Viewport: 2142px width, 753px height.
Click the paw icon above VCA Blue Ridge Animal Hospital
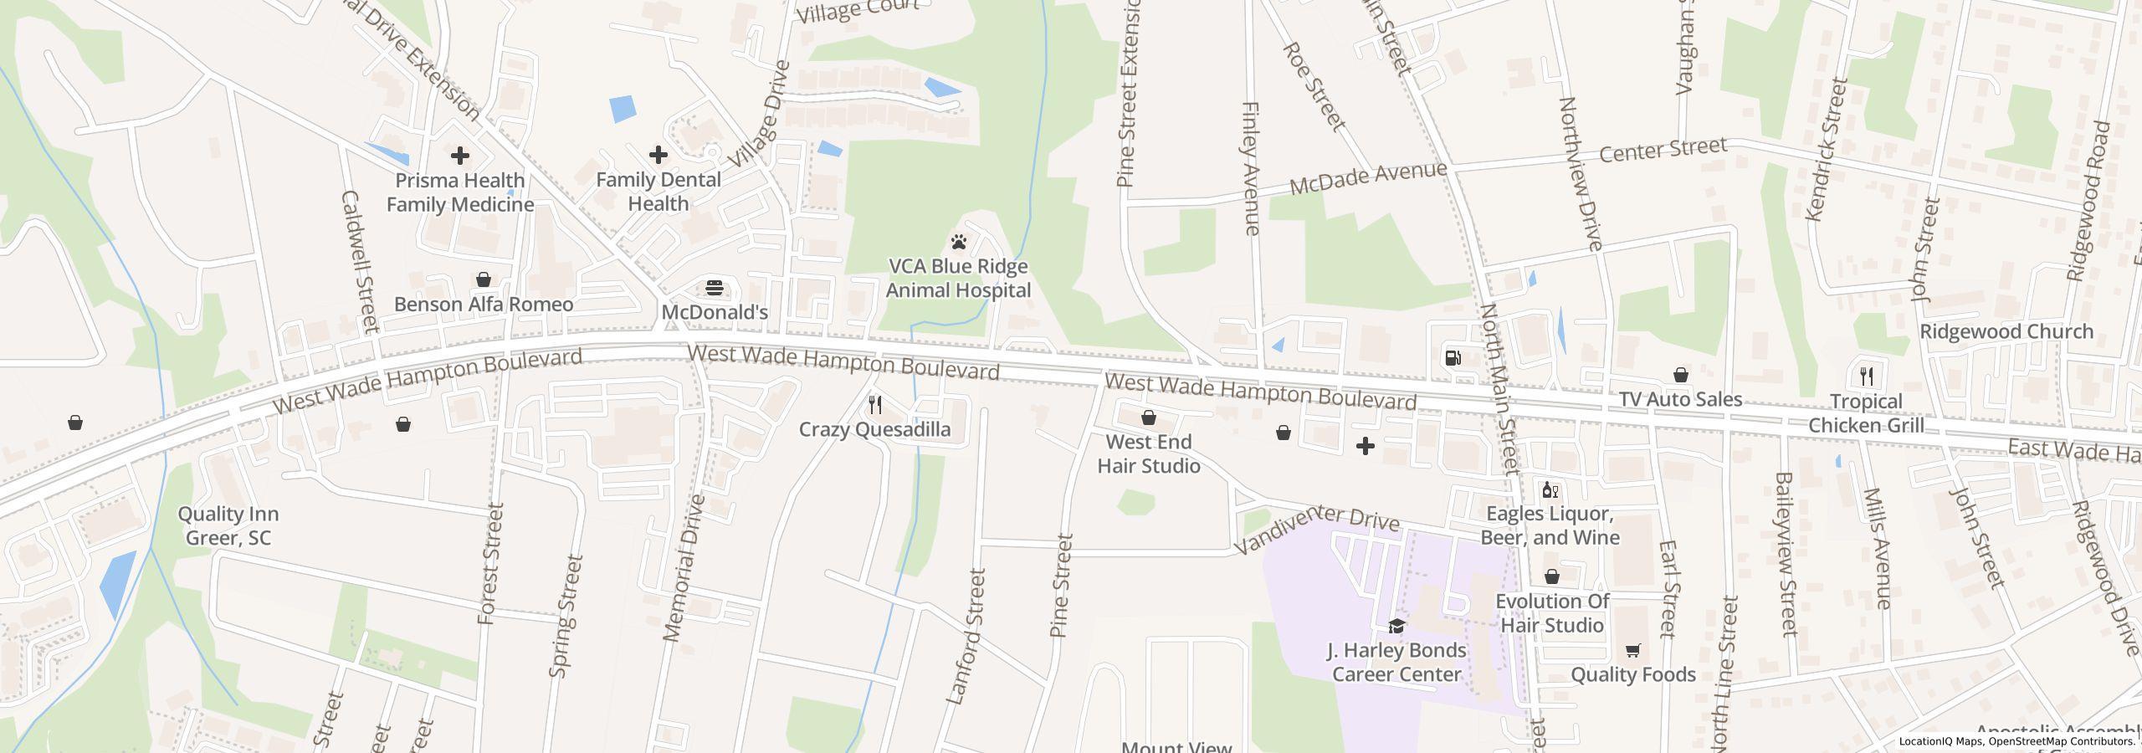[x=959, y=243]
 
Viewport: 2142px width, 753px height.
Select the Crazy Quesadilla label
[x=874, y=429]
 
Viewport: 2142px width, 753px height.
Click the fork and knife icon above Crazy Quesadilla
[x=875, y=406]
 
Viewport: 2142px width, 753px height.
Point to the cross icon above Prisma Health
[x=459, y=156]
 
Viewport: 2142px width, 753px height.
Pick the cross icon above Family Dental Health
[x=658, y=155]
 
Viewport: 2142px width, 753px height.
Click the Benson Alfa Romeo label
[x=484, y=304]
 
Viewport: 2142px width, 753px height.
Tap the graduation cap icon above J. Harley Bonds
[x=1396, y=626]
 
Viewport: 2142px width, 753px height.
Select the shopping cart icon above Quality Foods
[x=1632, y=650]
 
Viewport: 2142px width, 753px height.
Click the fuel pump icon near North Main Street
[x=1453, y=358]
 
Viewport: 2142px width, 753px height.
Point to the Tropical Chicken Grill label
[x=1866, y=413]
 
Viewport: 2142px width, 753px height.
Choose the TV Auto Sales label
[x=1680, y=399]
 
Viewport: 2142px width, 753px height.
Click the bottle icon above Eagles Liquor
[x=1550, y=490]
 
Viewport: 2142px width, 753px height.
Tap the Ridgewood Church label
[x=2006, y=331]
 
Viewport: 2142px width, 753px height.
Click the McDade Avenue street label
[x=1367, y=177]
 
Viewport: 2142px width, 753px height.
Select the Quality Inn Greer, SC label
[x=228, y=525]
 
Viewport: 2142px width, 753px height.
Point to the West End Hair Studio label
[x=1148, y=453]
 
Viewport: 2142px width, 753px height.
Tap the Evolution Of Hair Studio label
[x=1551, y=613]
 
